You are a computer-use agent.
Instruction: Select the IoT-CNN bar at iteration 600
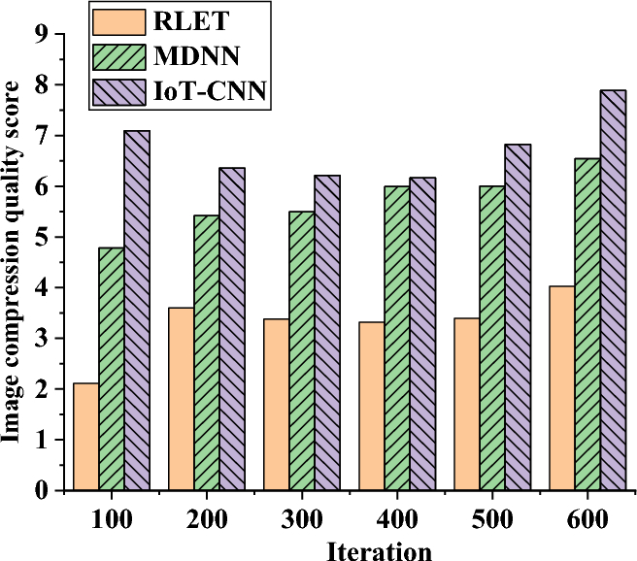(x=613, y=290)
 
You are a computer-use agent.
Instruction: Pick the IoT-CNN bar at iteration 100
(x=137, y=311)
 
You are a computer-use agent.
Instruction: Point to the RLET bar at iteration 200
(x=181, y=399)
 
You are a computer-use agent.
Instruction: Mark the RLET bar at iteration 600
(x=561, y=388)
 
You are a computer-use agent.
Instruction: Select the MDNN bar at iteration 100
(x=112, y=369)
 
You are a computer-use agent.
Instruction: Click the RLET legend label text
(x=176, y=18)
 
